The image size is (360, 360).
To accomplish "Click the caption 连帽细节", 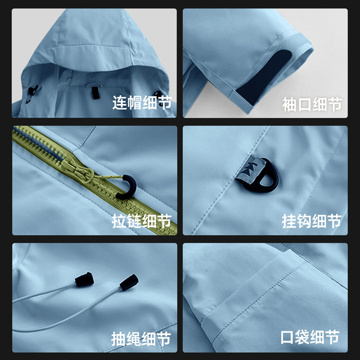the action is (x=142, y=102).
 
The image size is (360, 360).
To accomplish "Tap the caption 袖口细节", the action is (x=312, y=105).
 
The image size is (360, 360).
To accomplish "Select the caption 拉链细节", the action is (x=142, y=221).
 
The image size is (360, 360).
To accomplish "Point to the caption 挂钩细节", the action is (x=312, y=221).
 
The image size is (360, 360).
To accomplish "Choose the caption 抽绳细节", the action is (x=141, y=339).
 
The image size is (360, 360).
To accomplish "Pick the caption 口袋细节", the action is (x=310, y=337).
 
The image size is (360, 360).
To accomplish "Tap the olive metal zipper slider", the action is (x=77, y=171).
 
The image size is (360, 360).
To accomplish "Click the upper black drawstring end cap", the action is (x=84, y=279).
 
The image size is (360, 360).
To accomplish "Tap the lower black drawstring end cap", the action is (x=129, y=282).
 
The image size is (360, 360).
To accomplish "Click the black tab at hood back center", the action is (x=96, y=93).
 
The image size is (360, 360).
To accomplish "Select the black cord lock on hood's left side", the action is (x=33, y=91).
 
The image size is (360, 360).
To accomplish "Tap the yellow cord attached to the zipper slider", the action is (x=109, y=177).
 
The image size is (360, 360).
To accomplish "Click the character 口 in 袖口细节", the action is (x=304, y=105).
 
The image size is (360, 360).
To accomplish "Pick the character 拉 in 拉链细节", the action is (x=119, y=221).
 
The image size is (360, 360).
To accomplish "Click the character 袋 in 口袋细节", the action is (x=303, y=337).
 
